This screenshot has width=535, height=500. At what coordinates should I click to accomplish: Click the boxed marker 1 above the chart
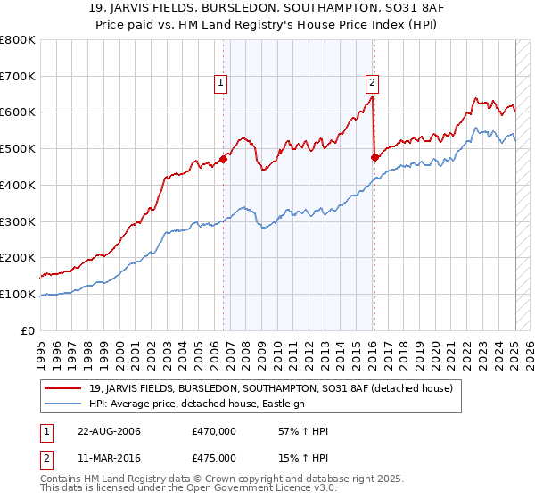click(x=220, y=84)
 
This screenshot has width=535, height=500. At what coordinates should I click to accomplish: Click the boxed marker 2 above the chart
click(x=372, y=84)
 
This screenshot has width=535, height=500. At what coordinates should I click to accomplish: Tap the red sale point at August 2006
click(x=224, y=160)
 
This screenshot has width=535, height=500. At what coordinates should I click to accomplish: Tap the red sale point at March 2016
click(x=374, y=158)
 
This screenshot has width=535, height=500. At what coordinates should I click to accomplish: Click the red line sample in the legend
click(x=65, y=389)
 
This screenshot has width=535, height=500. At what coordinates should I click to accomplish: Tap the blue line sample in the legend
click(x=65, y=404)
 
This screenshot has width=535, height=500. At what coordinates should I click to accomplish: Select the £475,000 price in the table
click(x=213, y=458)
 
